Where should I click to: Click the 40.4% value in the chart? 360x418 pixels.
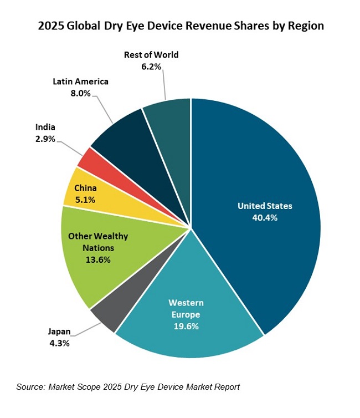[264, 218]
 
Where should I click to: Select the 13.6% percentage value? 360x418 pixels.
[97, 259]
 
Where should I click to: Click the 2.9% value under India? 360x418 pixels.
[45, 139]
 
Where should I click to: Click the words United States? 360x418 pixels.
[264, 206]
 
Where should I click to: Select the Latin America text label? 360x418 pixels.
[80, 81]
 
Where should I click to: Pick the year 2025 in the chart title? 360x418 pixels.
[50, 26]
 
